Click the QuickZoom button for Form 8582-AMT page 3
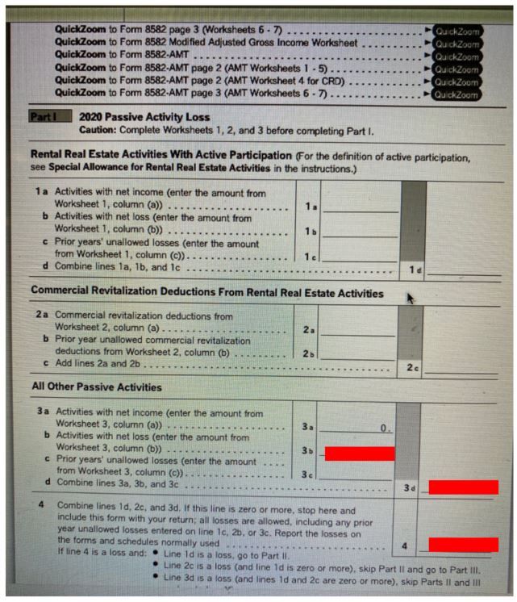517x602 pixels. click(x=457, y=95)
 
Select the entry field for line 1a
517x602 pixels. click(x=360, y=206)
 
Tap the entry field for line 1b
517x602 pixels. click(x=360, y=230)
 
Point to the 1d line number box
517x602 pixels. click(x=413, y=269)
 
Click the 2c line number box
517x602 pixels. click(x=411, y=368)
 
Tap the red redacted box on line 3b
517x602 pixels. click(x=359, y=454)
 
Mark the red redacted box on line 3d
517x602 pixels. click(x=463, y=487)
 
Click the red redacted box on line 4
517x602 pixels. click(x=463, y=545)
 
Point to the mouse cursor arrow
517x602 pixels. click(x=411, y=299)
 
